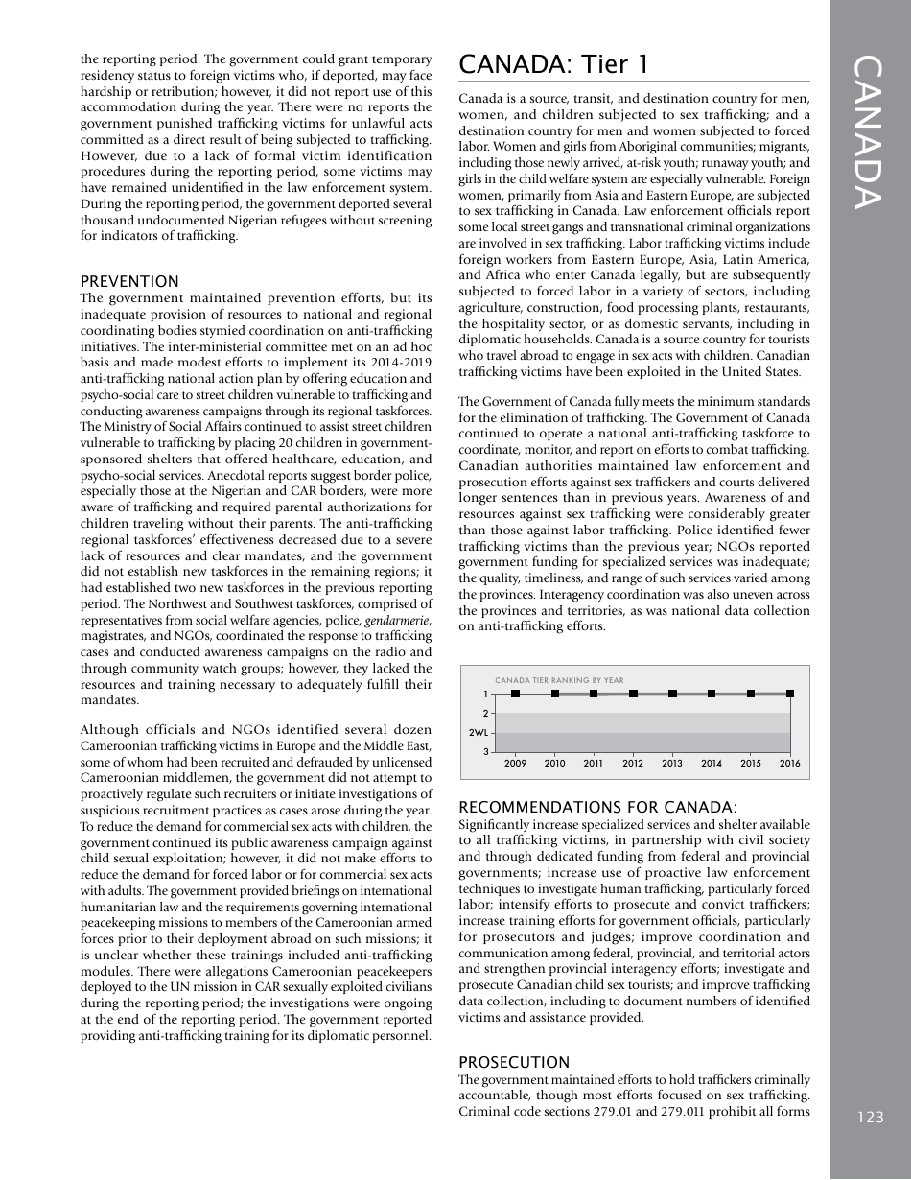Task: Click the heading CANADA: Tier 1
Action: [x=554, y=64]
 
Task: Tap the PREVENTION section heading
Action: [x=129, y=281]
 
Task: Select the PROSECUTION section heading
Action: [x=514, y=1062]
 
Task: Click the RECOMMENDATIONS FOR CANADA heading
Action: [x=597, y=808]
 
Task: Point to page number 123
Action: [x=871, y=1117]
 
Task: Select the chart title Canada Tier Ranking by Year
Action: [x=559, y=680]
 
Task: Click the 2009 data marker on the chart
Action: [x=516, y=694]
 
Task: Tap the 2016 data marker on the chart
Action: [x=790, y=694]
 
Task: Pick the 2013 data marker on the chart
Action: [x=672, y=694]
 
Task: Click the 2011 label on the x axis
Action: [x=594, y=764]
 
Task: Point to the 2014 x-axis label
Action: [x=712, y=764]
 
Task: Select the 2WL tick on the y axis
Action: [x=479, y=733]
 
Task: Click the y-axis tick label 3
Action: [x=485, y=752]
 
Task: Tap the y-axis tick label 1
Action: [x=485, y=694]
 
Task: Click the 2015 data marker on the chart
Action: [x=751, y=694]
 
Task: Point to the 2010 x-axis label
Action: [x=554, y=764]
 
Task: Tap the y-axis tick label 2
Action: [x=485, y=713]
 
